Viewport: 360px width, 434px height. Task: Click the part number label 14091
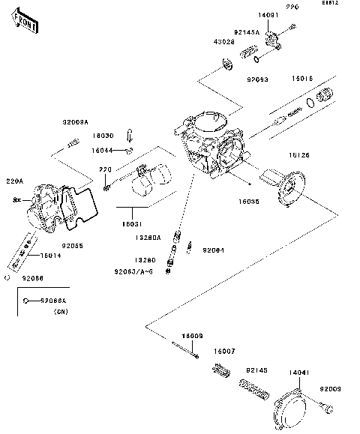pos(268,16)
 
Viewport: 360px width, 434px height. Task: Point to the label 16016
pos(302,78)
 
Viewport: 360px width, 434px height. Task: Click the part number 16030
pos(103,136)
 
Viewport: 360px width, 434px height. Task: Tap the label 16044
pos(103,150)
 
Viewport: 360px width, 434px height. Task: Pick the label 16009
pos(192,336)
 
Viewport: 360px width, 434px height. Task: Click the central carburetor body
pos(210,146)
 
